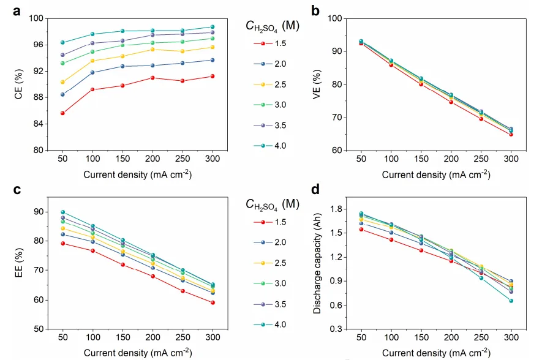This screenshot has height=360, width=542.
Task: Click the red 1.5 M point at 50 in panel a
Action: [x=62, y=113]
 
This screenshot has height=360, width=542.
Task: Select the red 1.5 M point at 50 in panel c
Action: [x=62, y=243]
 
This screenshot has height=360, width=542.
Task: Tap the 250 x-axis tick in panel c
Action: [x=183, y=338]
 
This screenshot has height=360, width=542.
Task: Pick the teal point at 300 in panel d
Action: [x=511, y=301]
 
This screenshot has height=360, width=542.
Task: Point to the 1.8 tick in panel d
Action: [x=336, y=209]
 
